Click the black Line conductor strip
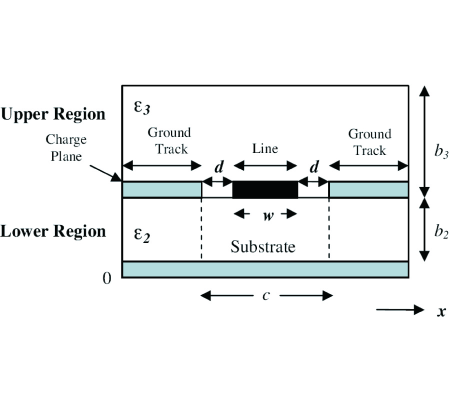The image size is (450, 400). [x=265, y=189]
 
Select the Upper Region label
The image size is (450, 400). [x=53, y=114]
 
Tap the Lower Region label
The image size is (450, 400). [x=53, y=231]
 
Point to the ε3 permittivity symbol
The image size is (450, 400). [x=143, y=107]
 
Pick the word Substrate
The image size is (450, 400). [x=263, y=246]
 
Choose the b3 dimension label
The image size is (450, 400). [x=440, y=152]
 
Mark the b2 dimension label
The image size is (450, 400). [x=440, y=231]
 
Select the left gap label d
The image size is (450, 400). [x=218, y=167]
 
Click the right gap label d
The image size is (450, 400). [x=313, y=167]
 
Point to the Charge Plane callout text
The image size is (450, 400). [x=65, y=147]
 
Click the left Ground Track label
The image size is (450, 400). [x=169, y=140]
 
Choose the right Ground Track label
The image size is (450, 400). [x=369, y=142]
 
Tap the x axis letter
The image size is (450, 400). [x=441, y=311]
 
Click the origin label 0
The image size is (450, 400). [x=106, y=278]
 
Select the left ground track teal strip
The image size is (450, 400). [x=162, y=189]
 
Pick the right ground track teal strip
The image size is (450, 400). [x=368, y=189]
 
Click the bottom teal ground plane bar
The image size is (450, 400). [x=265, y=269]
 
